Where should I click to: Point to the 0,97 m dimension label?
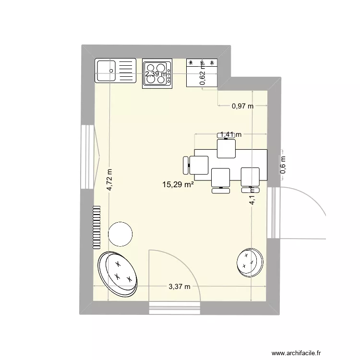pyautogui.click(x=242, y=107)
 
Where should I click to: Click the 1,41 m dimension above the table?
pyautogui.click(x=230, y=135)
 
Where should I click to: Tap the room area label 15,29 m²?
pyautogui.click(x=178, y=184)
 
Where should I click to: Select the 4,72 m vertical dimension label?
pyautogui.click(x=109, y=180)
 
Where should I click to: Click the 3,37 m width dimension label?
pyautogui.click(x=179, y=287)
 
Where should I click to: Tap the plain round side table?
pyautogui.click(x=120, y=234)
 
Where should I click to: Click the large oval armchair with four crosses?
pyautogui.click(x=118, y=273)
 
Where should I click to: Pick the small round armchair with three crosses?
pyautogui.click(x=250, y=263)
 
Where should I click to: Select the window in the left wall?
pyautogui.click(x=89, y=156)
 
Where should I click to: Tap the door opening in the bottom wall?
pyautogui.click(x=175, y=307)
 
